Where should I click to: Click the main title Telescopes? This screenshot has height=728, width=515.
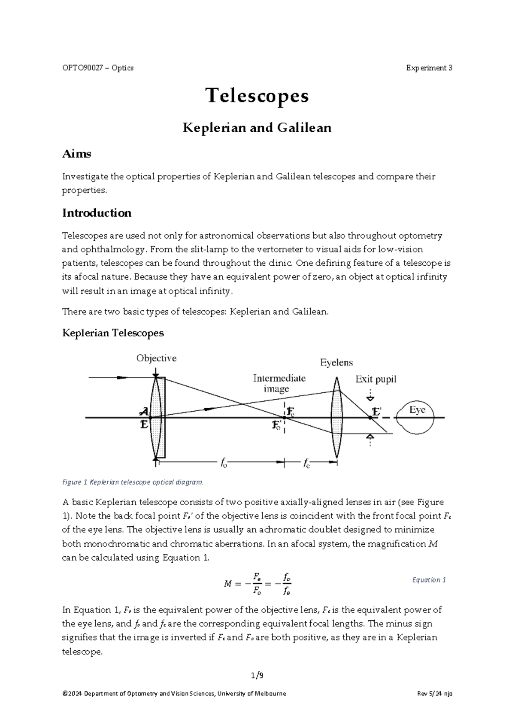click(257, 96)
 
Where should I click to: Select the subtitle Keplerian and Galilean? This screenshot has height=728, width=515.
click(257, 128)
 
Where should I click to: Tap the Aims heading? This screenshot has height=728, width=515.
click(76, 154)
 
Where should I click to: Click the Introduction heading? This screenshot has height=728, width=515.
click(97, 213)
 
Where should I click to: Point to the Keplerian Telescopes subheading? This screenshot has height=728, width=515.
click(113, 333)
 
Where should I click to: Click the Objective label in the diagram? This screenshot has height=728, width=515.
click(156, 358)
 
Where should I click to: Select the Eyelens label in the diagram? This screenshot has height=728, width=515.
click(336, 363)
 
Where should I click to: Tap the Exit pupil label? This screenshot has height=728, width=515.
click(376, 379)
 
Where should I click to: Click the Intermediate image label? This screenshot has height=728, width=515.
click(279, 383)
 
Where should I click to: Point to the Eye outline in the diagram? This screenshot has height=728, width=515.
click(416, 417)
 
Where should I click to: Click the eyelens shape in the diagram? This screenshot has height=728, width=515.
click(336, 419)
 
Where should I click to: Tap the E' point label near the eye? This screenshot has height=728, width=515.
click(376, 412)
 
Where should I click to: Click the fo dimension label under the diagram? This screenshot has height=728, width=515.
click(224, 463)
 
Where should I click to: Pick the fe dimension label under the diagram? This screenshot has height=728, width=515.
click(306, 463)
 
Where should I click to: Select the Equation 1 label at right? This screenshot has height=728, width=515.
click(429, 580)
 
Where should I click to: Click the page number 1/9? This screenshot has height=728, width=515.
click(257, 675)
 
